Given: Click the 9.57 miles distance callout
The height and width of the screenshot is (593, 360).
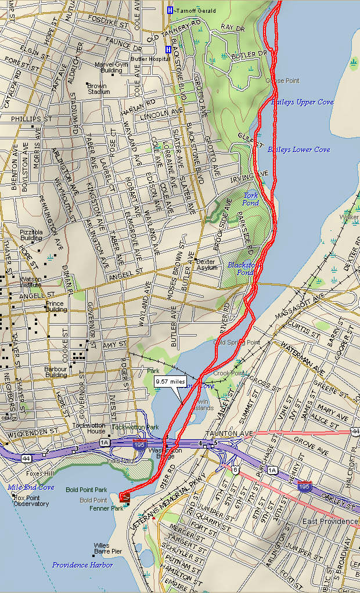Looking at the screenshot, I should pos(170,381).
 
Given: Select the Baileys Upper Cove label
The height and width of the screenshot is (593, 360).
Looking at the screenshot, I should pos(302,102).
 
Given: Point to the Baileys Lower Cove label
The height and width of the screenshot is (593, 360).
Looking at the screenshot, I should pos(298,150).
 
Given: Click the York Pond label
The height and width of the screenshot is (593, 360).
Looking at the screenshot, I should pos(251,199).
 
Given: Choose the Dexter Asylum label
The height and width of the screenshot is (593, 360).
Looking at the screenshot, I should pos(207,265).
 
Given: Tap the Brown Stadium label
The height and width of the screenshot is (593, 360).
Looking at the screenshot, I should pos(98,89).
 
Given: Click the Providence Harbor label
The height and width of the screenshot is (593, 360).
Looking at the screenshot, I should pos(82,565).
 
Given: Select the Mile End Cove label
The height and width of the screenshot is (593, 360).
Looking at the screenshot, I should pos(31,487).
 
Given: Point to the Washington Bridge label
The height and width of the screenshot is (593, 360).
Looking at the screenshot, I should pos(165,454).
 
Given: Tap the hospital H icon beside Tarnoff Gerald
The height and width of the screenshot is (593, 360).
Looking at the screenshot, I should pos(170,10).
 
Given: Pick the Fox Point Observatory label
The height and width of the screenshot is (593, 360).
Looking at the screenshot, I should pos(31,501).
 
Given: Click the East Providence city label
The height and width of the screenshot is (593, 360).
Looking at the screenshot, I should pos(330,522).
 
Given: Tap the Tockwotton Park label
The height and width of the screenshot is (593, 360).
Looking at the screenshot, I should pos(135,427).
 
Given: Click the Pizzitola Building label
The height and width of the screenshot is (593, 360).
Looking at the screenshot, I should pos(31,234).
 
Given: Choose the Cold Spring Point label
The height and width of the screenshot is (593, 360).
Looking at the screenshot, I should pos(237,342).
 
